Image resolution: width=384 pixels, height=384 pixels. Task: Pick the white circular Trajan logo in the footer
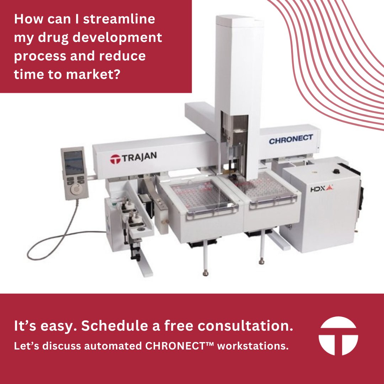pyautogui.click(x=338, y=336)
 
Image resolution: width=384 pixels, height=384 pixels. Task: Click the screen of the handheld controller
pyautogui.click(x=74, y=162)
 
